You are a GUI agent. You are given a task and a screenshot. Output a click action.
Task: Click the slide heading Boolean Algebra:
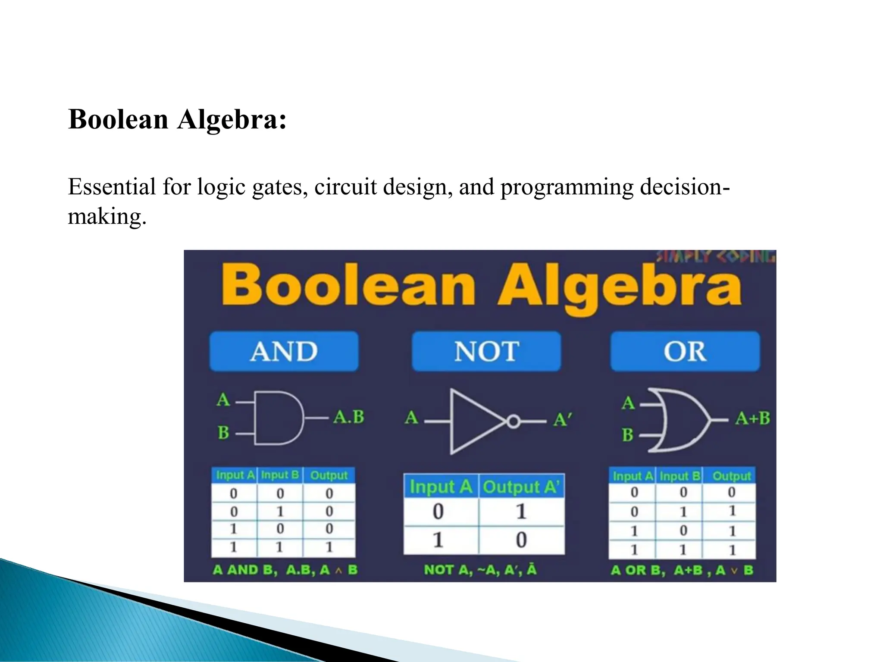[x=177, y=119]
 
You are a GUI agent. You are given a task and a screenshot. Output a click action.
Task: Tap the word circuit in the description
[x=345, y=187]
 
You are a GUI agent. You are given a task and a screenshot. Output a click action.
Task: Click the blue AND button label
[x=284, y=351]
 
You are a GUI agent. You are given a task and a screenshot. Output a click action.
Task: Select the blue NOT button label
[x=486, y=351]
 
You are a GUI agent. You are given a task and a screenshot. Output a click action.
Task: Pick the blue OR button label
[x=685, y=351]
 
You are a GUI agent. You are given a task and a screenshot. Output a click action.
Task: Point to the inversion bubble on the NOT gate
[x=513, y=421]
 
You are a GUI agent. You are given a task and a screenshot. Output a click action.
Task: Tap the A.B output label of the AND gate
[x=349, y=417]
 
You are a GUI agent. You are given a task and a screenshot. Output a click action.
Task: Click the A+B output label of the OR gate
[x=752, y=418]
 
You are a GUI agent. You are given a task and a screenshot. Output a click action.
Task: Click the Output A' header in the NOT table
[x=521, y=487]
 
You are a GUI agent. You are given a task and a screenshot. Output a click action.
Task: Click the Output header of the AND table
[x=329, y=475]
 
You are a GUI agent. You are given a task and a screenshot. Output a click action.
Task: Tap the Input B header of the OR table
[x=679, y=476]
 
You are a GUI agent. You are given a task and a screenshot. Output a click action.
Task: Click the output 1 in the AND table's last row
[x=329, y=547]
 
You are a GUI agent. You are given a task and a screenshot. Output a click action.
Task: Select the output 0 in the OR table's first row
[x=731, y=492]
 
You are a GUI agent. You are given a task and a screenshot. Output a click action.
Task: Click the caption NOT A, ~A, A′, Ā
[x=480, y=570]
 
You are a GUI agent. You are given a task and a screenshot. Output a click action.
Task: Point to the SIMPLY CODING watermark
[x=716, y=257]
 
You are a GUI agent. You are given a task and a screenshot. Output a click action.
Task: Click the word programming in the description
[x=567, y=187]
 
